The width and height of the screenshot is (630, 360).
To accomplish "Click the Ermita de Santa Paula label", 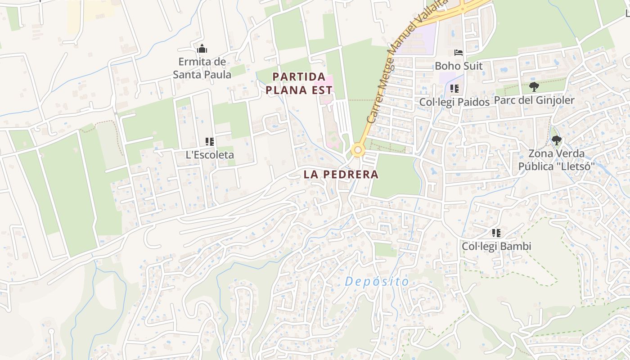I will pos(202,68).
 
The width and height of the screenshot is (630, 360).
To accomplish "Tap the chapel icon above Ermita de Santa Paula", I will pos(202,48).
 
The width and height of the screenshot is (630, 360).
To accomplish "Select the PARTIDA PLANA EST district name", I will pos(299,83).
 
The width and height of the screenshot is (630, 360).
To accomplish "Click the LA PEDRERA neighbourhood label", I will pos(341,174).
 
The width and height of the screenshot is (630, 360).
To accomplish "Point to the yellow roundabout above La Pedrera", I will pos(358,150).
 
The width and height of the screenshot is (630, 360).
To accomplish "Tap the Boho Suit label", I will pos(458,66).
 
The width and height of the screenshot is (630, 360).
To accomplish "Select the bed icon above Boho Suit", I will pos(459,53).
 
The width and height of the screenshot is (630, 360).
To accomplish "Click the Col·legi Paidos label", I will pos(454,102).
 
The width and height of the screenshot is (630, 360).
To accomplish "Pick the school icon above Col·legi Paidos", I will pos(454,89).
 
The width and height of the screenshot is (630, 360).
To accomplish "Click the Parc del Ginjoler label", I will pos(534,100).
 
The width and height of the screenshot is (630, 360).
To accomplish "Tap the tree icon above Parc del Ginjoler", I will pos(534,87).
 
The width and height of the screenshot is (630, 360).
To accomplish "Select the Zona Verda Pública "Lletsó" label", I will pos(557,160).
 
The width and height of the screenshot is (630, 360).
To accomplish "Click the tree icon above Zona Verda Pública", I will pos(557,140).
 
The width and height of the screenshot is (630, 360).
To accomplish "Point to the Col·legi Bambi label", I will pos(496,246).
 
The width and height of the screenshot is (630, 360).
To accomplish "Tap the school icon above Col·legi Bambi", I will pos(496,233).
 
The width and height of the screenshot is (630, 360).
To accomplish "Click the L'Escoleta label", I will pos(210,155).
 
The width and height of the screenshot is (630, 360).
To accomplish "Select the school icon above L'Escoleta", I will pos(210,142).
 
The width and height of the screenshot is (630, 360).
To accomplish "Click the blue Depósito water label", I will pos(377,282).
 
